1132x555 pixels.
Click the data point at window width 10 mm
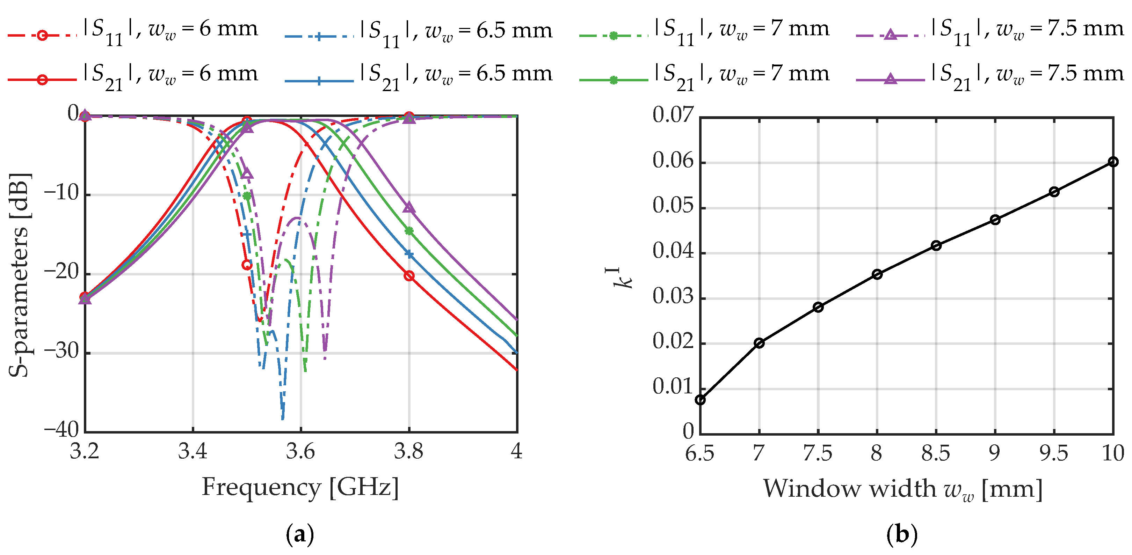1113,162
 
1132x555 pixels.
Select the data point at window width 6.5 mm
700,400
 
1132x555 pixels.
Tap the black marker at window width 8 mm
877,274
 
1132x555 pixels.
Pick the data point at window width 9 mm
995,220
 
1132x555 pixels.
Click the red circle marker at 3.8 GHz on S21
409,276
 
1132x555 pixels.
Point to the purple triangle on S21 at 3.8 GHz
409,207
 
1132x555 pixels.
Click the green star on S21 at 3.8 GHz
409,231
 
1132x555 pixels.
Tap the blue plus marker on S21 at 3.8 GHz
409,254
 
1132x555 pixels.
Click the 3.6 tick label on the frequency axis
300,451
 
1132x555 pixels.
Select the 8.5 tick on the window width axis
936,453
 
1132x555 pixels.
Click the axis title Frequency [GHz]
300,487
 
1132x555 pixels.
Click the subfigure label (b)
902,535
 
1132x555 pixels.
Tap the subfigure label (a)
300,535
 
